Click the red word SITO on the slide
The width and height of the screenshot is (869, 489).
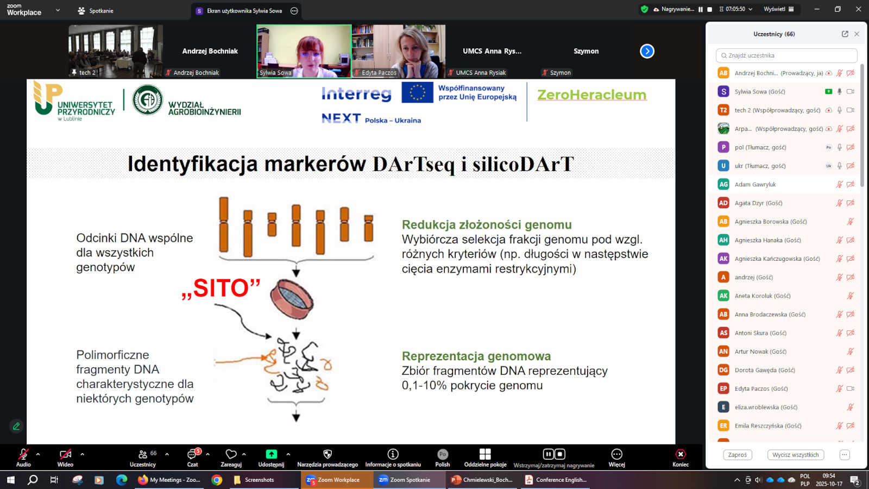pyautogui.click(x=221, y=289)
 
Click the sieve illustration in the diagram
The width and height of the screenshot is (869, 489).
pyautogui.click(x=292, y=299)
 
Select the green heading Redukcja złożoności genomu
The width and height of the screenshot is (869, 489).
pyautogui.click(x=487, y=225)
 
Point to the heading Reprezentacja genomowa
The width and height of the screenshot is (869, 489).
pyautogui.click(x=476, y=356)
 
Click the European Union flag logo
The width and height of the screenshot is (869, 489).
pyautogui.click(x=417, y=92)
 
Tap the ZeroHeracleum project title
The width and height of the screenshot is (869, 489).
pyautogui.click(x=591, y=95)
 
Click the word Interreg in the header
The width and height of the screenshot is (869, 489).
pyautogui.click(x=356, y=94)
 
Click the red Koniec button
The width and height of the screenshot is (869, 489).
pyautogui.click(x=680, y=458)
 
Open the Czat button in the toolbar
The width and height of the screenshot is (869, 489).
pyautogui.click(x=192, y=458)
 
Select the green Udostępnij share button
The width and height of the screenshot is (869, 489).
pyautogui.click(x=271, y=458)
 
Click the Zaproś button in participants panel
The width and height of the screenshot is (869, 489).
pyautogui.click(x=737, y=454)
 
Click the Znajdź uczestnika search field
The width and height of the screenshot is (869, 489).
pyautogui.click(x=786, y=55)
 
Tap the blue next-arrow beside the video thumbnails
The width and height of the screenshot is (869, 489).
pyautogui.click(x=647, y=51)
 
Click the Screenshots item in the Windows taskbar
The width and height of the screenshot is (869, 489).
pyautogui.click(x=254, y=480)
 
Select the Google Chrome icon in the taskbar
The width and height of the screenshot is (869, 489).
pyautogui.click(x=217, y=480)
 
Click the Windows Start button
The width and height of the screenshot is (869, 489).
pyautogui.click(x=10, y=480)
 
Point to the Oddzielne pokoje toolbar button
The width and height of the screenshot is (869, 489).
pyautogui.click(x=485, y=458)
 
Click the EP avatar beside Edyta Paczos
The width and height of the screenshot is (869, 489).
pyautogui.click(x=723, y=388)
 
